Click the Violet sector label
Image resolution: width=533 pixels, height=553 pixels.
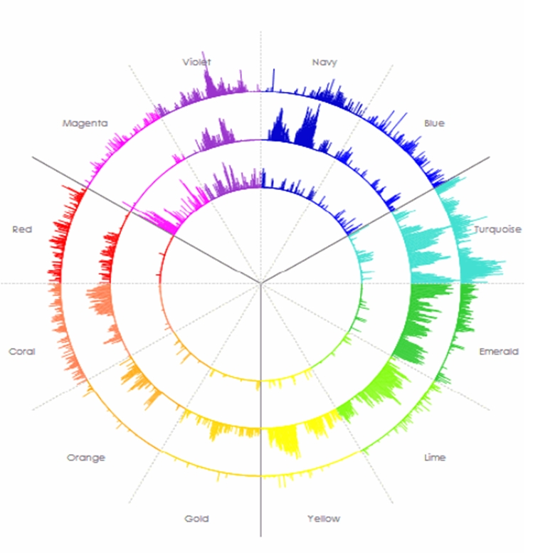click(x=196, y=63)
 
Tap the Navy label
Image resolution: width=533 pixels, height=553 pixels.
click(x=324, y=63)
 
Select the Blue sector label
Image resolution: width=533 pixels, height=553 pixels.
click(x=434, y=124)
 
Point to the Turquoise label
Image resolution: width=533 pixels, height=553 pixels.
click(x=497, y=230)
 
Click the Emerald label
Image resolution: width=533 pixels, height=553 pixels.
click(x=499, y=352)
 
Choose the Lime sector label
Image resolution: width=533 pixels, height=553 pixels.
click(x=434, y=458)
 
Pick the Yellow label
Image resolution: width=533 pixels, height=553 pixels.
click(x=324, y=519)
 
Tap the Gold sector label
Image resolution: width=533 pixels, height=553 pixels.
click(x=196, y=519)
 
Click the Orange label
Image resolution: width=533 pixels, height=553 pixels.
click(x=86, y=458)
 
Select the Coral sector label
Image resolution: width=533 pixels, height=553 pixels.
click(x=22, y=352)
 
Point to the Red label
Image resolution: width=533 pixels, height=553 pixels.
click(x=22, y=230)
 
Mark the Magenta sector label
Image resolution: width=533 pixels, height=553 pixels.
click(x=85, y=124)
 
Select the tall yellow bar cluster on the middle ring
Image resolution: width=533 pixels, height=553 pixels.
click(x=287, y=441)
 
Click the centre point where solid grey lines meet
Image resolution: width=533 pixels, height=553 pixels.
click(x=261, y=283)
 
